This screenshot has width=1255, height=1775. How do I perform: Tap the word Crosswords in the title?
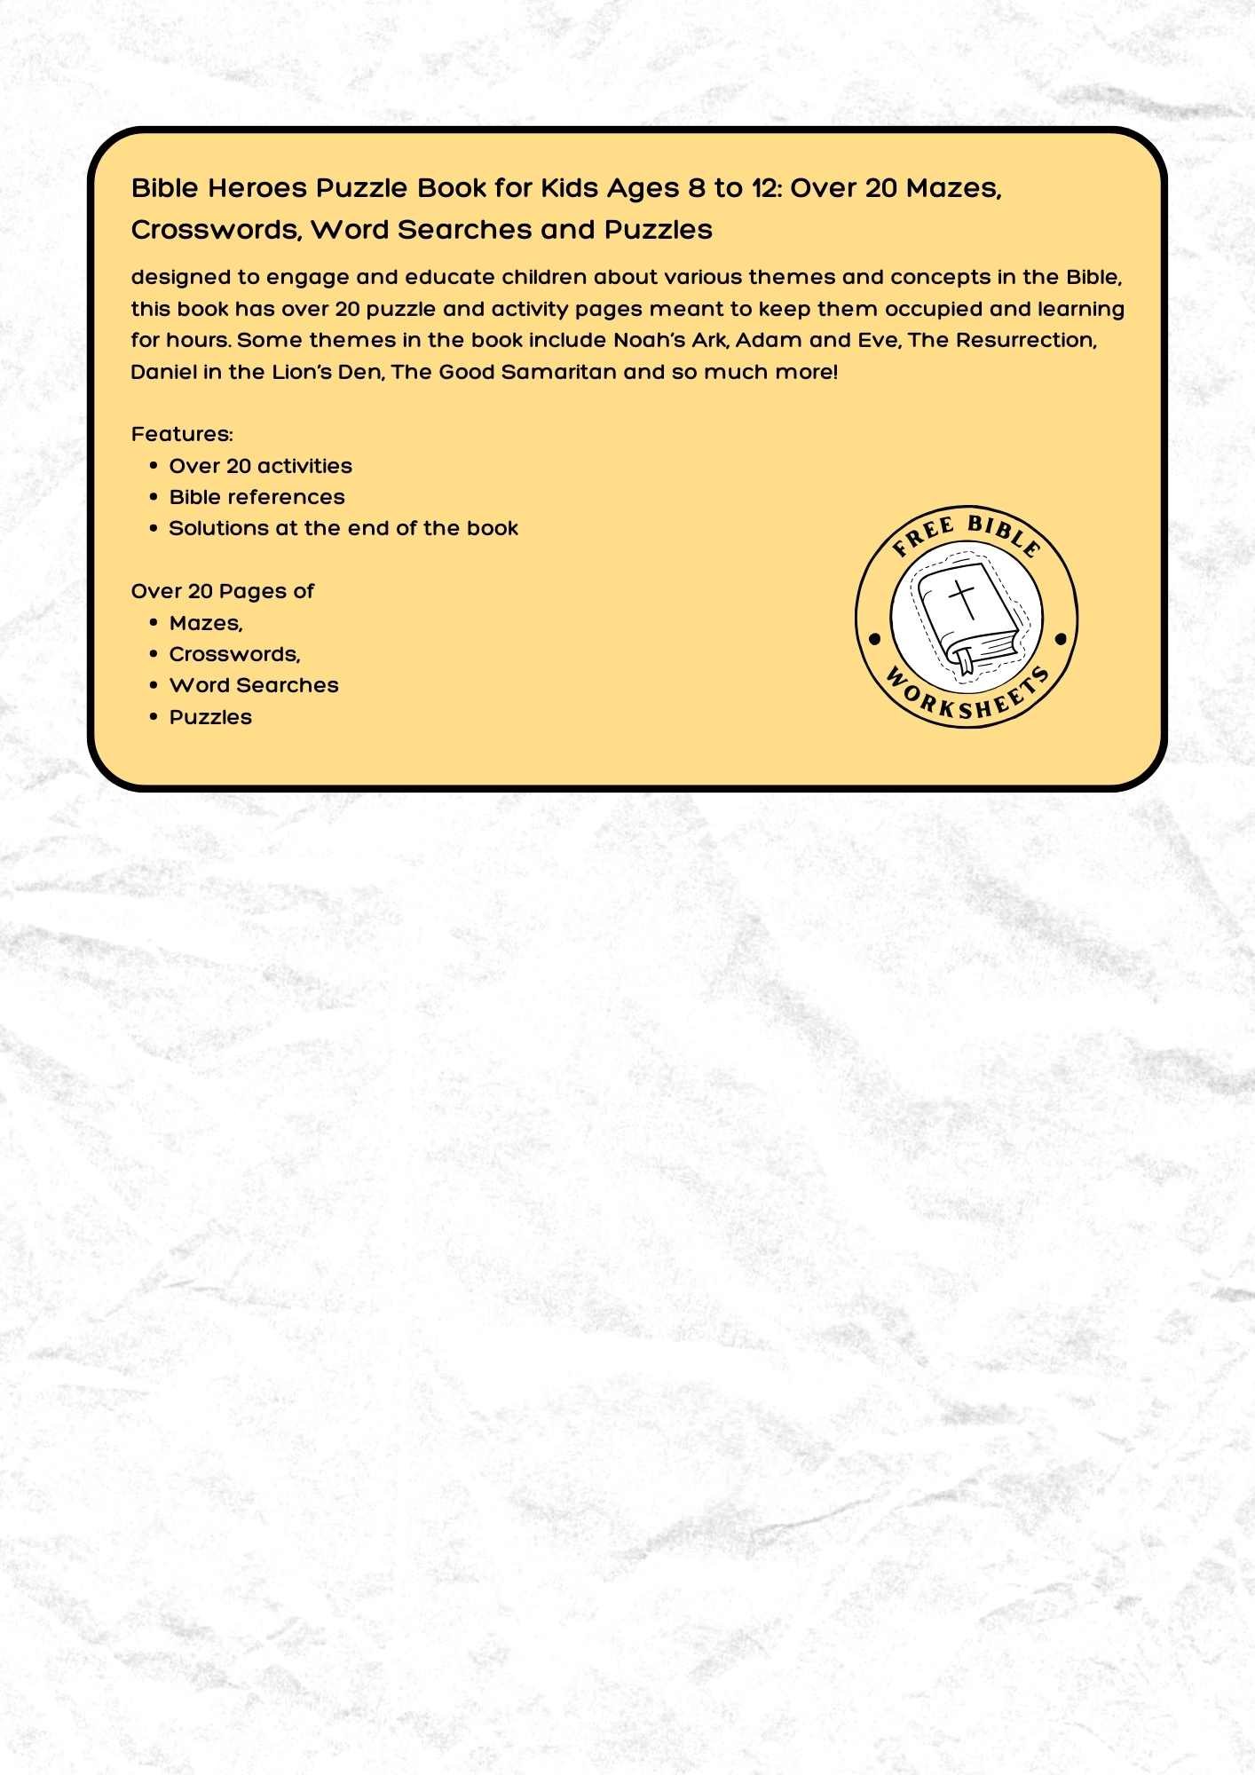pyautogui.click(x=216, y=230)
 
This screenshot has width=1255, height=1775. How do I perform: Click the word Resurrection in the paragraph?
pyautogui.click(x=1025, y=341)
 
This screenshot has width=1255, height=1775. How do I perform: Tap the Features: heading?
pyautogui.click(x=182, y=434)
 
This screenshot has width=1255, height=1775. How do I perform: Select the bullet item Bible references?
pyautogui.click(x=257, y=497)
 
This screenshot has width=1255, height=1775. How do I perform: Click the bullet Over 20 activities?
pyautogui.click(x=260, y=466)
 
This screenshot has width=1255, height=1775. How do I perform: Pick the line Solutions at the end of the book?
pyautogui.click(x=343, y=528)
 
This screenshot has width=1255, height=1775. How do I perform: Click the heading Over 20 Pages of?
pyautogui.click(x=222, y=591)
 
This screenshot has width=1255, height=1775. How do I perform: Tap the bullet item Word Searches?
pyautogui.click(x=254, y=685)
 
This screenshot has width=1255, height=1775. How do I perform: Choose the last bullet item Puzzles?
pyautogui.click(x=210, y=717)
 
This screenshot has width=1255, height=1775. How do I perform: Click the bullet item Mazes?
pyautogui.click(x=205, y=623)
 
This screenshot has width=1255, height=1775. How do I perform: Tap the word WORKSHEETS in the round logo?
pyautogui.click(x=967, y=698)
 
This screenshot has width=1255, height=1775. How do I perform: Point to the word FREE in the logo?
pyautogui.click(x=923, y=536)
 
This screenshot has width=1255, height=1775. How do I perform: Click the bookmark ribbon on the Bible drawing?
pyautogui.click(x=964, y=662)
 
